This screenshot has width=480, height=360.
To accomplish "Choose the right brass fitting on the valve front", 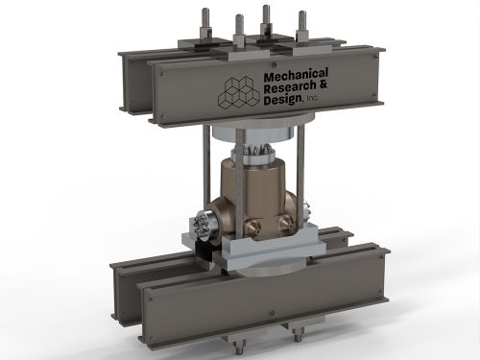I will (x=286, y=223).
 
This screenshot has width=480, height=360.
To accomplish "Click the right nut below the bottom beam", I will (x=298, y=335).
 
